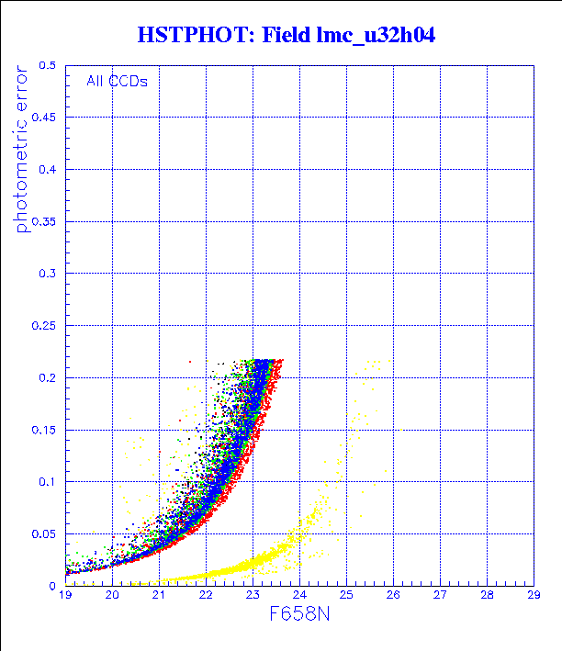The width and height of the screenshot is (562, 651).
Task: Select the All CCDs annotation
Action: pyautogui.click(x=117, y=81)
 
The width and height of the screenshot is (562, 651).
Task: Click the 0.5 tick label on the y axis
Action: pyautogui.click(x=48, y=66)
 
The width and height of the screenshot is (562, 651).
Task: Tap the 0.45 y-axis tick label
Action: pyautogui.click(x=45, y=118)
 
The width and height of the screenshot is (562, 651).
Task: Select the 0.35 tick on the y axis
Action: pyautogui.click(x=45, y=222)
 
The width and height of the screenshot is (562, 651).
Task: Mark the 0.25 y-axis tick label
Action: pyautogui.click(x=45, y=326)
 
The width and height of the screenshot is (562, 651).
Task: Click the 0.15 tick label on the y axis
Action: pyautogui.click(x=45, y=430)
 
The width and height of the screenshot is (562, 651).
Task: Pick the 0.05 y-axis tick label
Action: pyautogui.click(x=45, y=533)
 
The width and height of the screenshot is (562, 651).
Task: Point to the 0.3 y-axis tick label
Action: pyautogui.click(x=48, y=274)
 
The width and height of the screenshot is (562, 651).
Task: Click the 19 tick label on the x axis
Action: pyautogui.click(x=65, y=596)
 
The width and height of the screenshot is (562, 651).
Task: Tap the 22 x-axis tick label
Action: pyautogui.click(x=206, y=596)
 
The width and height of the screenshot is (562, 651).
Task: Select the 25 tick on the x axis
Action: pyautogui.click(x=346, y=596)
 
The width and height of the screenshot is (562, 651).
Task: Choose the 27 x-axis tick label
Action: pyautogui.click(x=440, y=596)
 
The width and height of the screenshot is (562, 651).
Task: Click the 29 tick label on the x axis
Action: pyautogui.click(x=534, y=596)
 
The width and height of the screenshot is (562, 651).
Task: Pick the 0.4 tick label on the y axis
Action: pyautogui.click(x=48, y=170)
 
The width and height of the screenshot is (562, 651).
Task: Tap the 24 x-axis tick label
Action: pyautogui.click(x=299, y=596)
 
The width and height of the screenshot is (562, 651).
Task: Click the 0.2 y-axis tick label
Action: pyautogui.click(x=48, y=377)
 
